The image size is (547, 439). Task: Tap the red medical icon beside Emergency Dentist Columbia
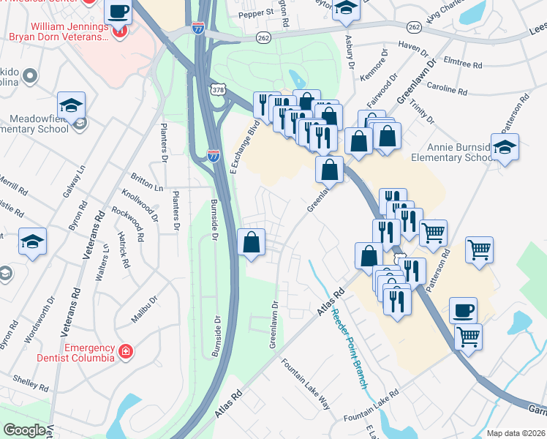126,352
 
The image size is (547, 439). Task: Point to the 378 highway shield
218,89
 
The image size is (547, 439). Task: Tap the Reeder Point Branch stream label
348,347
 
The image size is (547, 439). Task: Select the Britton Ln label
147,179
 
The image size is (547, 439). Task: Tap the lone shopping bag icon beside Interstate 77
251,242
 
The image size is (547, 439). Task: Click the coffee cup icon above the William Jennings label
118,12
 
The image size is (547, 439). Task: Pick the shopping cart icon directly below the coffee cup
468,337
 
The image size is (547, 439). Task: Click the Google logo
24,430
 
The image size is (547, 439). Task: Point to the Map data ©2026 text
516,433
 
